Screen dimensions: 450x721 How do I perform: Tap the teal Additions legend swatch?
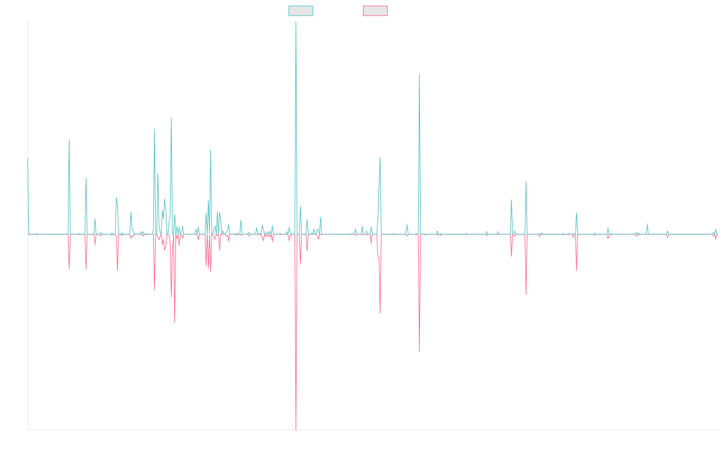click(301, 11)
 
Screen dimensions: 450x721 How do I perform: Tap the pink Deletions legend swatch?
click(376, 11)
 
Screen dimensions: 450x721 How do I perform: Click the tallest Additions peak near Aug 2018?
click(296, 23)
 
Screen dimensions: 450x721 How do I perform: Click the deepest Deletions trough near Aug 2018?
click(296, 428)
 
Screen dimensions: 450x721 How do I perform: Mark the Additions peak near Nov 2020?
click(419, 74)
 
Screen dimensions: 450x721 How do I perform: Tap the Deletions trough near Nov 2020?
click(419, 350)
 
